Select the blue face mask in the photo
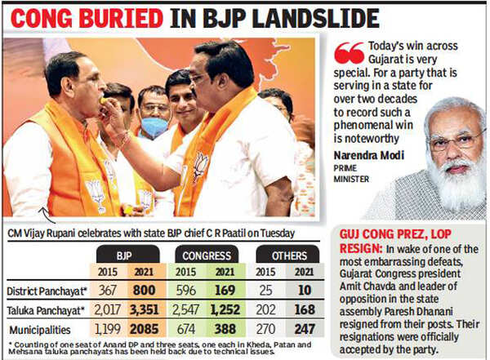point(154,127)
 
